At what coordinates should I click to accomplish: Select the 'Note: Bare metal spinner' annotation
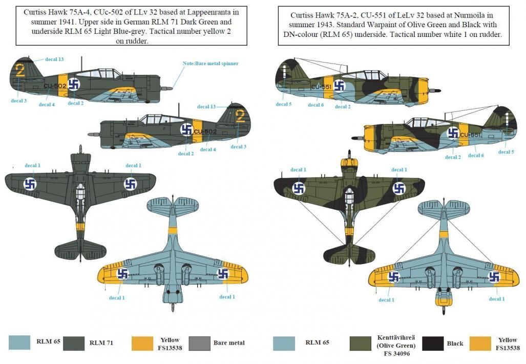coord(211,63)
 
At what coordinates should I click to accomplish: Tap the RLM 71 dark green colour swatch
coord(73,343)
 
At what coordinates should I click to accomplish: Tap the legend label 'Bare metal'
coord(229,343)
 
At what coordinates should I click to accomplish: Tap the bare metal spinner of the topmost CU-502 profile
coord(164,88)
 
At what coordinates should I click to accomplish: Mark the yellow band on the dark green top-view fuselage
coord(80,225)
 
